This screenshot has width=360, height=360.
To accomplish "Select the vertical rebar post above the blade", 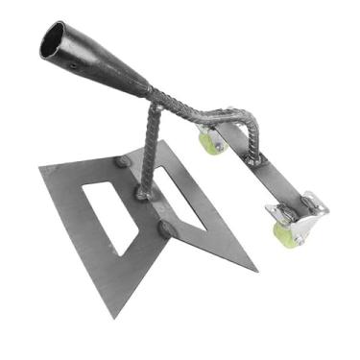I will pyautogui.click(x=148, y=144).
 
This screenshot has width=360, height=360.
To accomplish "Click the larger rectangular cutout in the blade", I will pyautogui.click(x=110, y=212).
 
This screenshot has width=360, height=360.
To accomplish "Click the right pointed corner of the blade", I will pyautogui.click(x=256, y=268).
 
